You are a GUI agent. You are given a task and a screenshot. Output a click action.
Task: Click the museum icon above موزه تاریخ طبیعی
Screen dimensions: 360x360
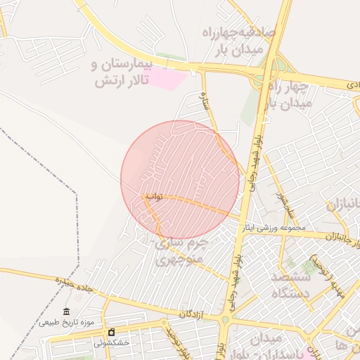(66, 311)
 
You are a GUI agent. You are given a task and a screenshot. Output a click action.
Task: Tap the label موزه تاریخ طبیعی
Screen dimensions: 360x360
(66, 322)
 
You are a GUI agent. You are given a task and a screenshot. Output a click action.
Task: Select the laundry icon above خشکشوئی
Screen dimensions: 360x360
(110, 333)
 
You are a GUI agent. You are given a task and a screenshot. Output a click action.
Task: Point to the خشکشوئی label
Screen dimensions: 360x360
(111, 343)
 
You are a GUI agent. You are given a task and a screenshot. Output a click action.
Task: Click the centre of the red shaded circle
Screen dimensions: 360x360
(181, 180)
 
